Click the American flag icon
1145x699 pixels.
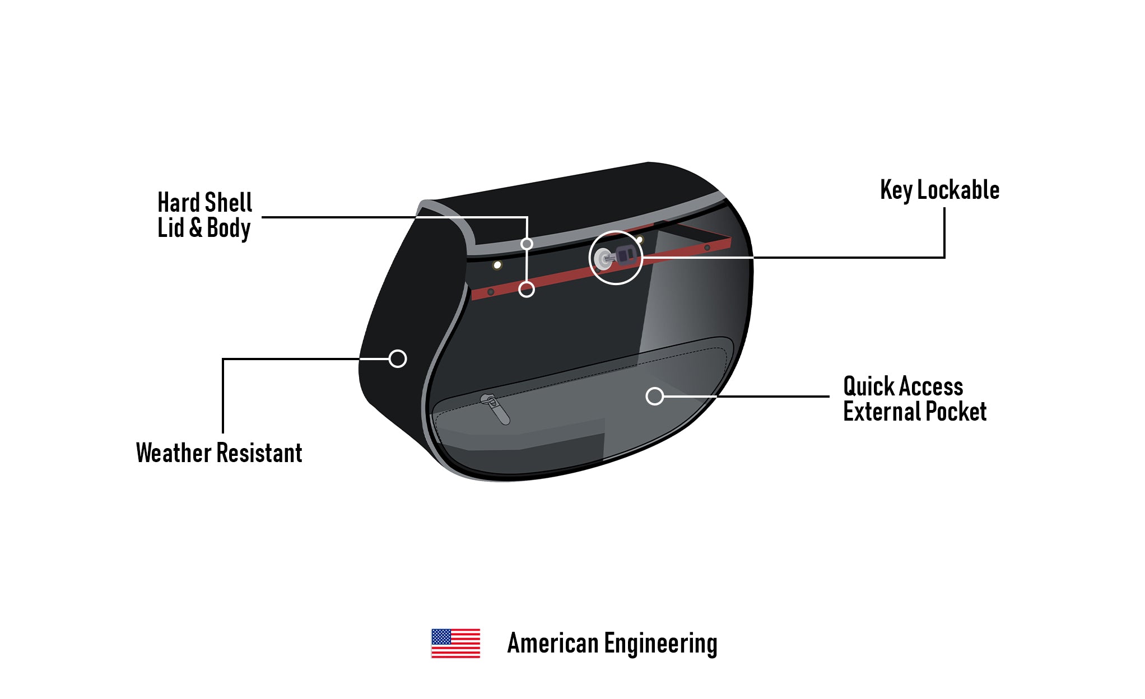[x=455, y=643]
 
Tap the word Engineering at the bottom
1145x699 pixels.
[x=660, y=644]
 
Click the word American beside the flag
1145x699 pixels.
[x=552, y=643]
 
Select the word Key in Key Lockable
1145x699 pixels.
[x=896, y=190]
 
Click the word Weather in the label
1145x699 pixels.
[x=173, y=453]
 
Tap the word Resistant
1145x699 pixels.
[x=259, y=453]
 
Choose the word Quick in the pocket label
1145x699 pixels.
[x=869, y=387]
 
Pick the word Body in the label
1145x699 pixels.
[x=229, y=228]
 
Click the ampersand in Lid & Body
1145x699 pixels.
[x=196, y=228]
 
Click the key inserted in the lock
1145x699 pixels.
[x=625, y=255]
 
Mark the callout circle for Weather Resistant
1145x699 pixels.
[x=398, y=359]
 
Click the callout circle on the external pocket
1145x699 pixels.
[x=654, y=397]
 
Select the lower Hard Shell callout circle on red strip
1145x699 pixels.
[x=527, y=290]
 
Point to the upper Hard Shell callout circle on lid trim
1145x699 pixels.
[x=527, y=244]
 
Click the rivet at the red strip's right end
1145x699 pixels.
[x=707, y=248]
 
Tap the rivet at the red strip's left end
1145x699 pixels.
[x=491, y=292]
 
